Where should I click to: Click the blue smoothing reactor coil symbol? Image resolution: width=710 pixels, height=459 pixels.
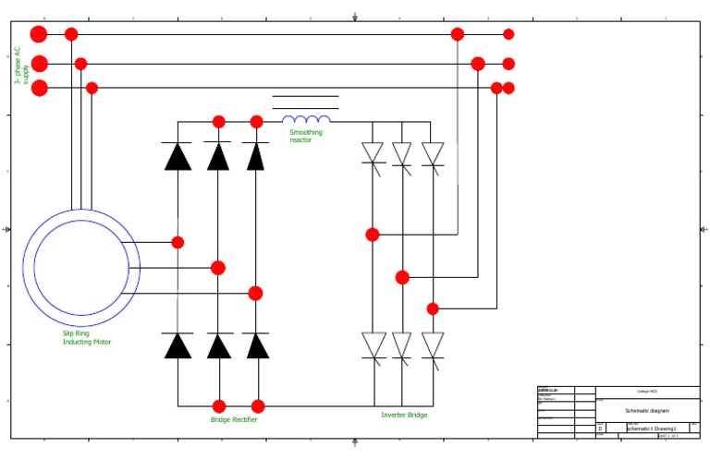306,119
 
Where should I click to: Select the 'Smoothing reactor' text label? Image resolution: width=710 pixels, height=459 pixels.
306,136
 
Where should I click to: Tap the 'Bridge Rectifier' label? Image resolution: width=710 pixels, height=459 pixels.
234,419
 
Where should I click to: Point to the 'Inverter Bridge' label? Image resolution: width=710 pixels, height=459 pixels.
404,415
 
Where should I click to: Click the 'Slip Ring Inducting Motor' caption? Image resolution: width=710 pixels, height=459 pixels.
87,337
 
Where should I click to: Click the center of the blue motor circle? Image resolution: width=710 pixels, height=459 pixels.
81,268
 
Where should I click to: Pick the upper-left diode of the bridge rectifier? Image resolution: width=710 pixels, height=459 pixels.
177,156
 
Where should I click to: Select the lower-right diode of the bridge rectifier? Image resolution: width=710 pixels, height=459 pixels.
258,345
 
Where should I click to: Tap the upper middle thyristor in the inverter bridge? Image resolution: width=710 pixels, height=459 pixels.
402,154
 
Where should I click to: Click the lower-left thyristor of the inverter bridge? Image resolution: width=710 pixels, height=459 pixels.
373,346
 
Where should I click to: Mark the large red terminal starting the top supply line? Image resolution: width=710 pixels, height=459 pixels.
38,34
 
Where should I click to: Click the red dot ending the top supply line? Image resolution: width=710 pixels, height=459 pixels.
508,34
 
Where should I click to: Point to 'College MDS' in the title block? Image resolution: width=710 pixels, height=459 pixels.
647,392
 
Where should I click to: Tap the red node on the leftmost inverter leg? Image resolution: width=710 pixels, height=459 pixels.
373,235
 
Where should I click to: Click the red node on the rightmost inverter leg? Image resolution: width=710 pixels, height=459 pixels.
433,308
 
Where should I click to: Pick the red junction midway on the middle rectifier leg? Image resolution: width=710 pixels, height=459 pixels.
218,268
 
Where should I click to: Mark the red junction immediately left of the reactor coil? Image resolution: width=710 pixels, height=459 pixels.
257,121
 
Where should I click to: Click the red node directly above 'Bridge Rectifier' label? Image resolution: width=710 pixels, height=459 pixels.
219,406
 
